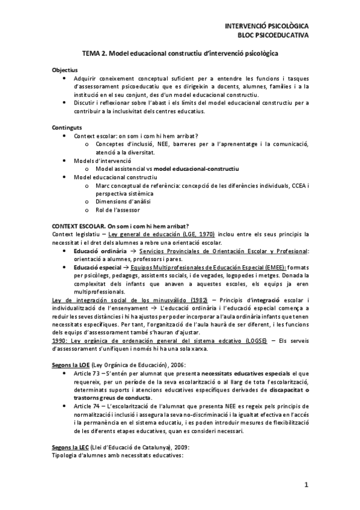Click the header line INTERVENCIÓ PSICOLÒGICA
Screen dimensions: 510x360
pyautogui.click(x=266, y=27)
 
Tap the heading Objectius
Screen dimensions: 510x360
pyautogui.click(x=65, y=70)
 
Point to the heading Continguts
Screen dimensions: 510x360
pyautogui.click(x=67, y=127)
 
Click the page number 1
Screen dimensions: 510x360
pyautogui.click(x=306, y=485)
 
